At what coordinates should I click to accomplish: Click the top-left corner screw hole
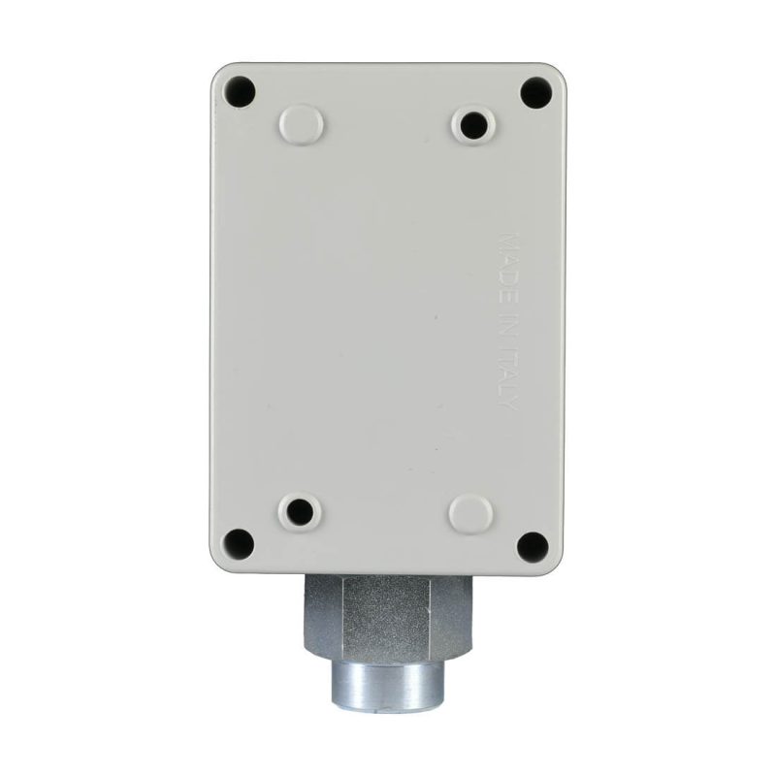(x=240, y=91)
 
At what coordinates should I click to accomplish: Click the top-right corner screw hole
(x=536, y=92)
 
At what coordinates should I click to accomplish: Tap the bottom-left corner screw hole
(x=239, y=543)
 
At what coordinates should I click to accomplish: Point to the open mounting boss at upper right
(x=473, y=125)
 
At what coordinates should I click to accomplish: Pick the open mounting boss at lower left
(x=300, y=511)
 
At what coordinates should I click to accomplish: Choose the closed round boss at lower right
(x=470, y=513)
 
